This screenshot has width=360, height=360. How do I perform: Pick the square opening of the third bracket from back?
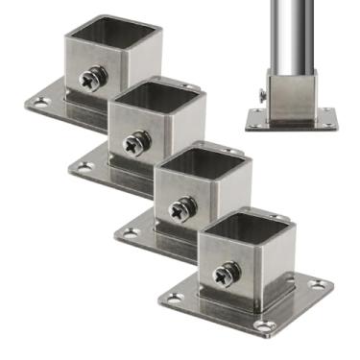point(201,156)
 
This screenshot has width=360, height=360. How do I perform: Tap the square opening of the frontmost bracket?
point(246,225)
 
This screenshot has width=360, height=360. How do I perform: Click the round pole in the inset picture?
point(292,34)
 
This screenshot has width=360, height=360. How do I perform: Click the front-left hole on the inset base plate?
point(254,124)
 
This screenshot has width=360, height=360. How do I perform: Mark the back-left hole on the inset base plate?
point(257,111)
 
